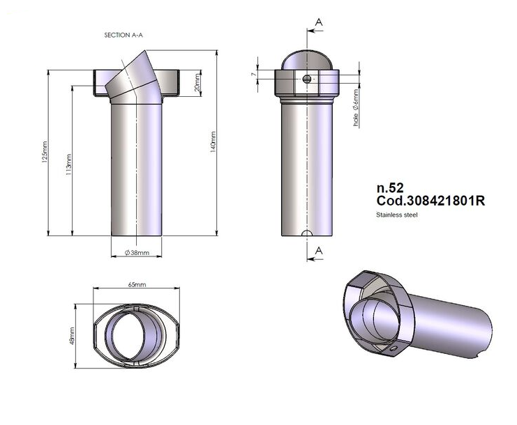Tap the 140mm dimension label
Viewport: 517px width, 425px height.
[213, 143]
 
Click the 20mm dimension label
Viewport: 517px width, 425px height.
[197, 83]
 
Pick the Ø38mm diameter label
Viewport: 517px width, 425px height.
[137, 253]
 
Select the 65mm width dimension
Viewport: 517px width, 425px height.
[137, 286]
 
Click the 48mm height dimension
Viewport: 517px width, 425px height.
[72, 335]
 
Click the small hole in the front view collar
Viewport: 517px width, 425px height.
[307, 79]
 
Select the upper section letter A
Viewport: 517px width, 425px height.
[319, 22]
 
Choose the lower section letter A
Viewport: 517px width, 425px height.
[319, 249]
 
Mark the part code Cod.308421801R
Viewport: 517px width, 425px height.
[430, 201]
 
